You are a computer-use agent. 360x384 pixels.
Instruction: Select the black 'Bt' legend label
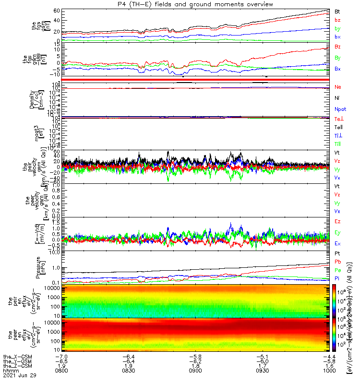337,11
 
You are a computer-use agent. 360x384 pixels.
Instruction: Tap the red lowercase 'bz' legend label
337,20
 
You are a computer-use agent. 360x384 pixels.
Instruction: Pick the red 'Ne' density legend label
338,87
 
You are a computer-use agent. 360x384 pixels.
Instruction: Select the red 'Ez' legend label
337,221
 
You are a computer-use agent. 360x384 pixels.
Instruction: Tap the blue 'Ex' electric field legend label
337,243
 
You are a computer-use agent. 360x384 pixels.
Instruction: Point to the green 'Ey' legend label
337,232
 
